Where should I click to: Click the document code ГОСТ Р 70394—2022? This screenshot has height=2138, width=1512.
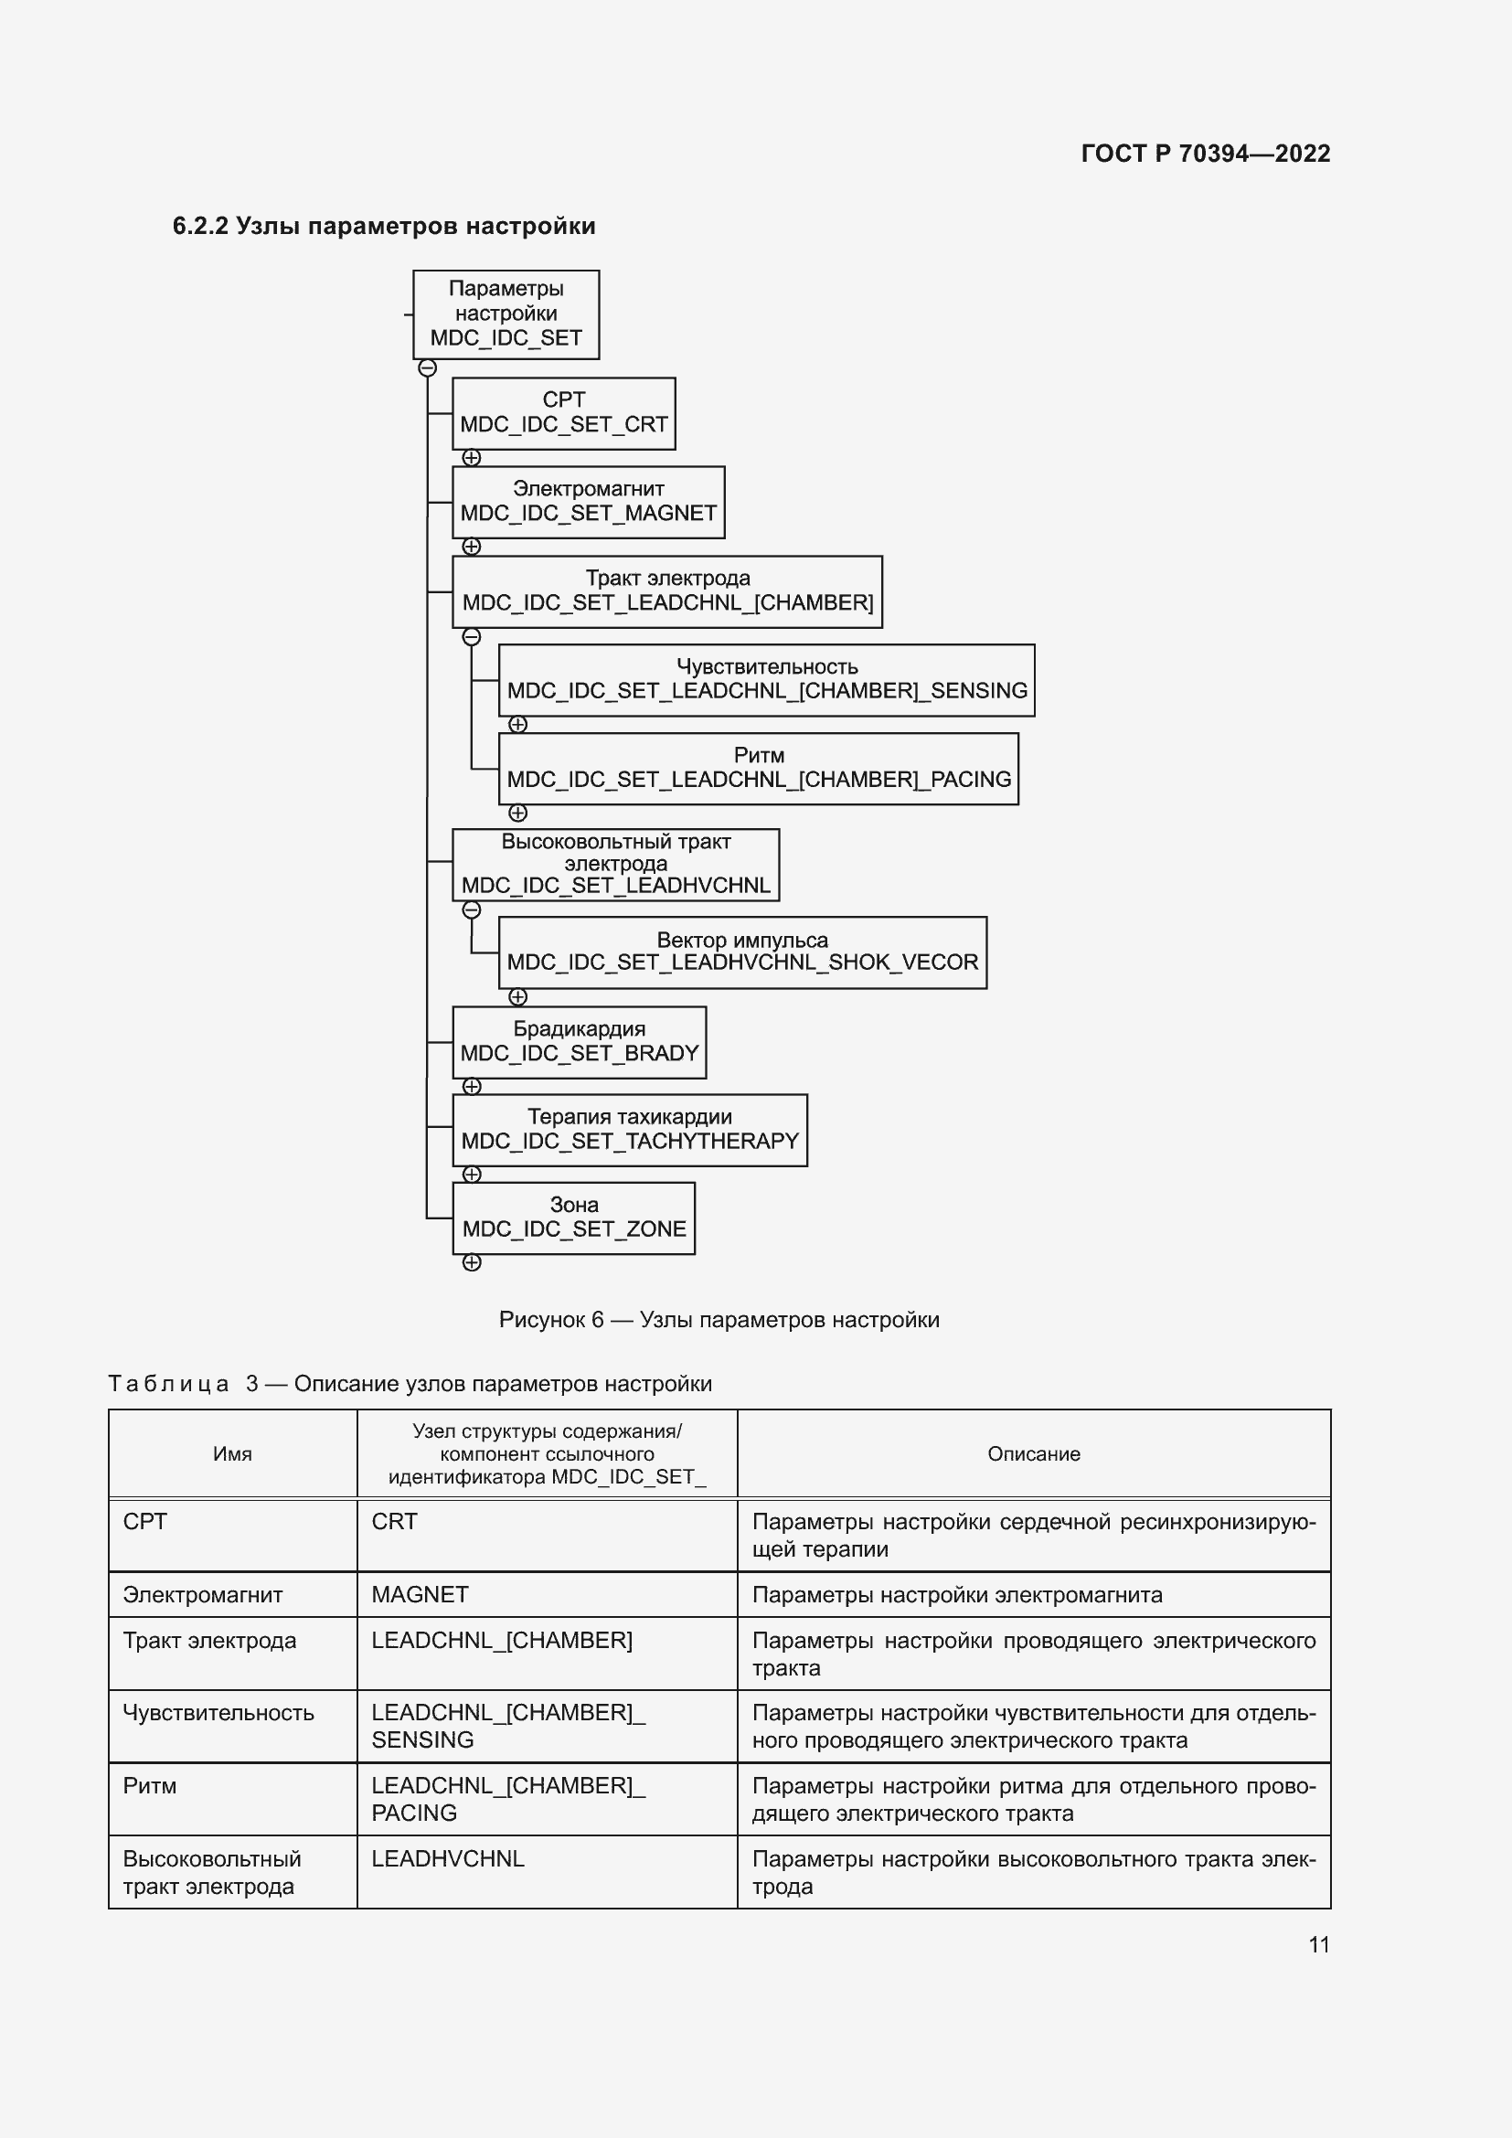[1205, 154]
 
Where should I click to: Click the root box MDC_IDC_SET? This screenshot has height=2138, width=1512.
[506, 314]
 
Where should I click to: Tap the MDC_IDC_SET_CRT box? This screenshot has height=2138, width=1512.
[563, 413]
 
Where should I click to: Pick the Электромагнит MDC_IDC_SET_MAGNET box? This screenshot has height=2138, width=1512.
[589, 502]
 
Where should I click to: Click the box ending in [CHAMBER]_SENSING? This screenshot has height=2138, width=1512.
[766, 680]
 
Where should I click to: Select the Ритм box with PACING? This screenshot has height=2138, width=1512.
[758, 768]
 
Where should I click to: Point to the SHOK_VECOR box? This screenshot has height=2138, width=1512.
[742, 952]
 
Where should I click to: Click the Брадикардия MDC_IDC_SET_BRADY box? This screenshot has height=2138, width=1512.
[579, 1042]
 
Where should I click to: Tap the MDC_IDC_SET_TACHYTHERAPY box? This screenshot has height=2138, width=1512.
[629, 1130]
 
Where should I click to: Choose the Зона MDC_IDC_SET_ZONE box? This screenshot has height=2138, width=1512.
[573, 1218]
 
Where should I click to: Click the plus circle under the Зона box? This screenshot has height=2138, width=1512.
[472, 1262]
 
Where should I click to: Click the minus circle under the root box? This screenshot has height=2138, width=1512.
[427, 367]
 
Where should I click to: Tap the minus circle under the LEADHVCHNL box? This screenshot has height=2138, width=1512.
[472, 909]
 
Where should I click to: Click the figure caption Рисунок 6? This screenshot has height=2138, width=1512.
[719, 1320]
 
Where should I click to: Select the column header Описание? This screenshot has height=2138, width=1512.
[1034, 1453]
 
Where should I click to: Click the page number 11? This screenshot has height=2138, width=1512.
[1318, 1944]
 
